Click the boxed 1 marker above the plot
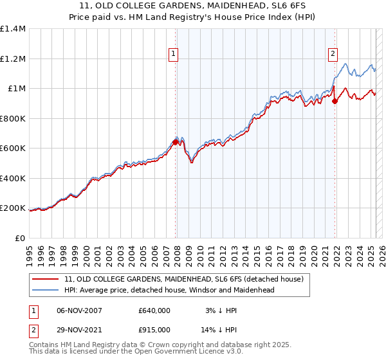pos(174,54)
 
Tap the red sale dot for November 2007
pos(175,142)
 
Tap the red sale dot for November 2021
pos(335,101)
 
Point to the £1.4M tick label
pos(13,29)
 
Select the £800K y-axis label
pos(13,118)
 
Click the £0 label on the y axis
pos(20,238)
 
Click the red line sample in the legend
pos(46,278)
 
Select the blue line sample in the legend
pos(46,290)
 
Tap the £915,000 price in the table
pos(154,329)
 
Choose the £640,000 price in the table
pos(154,310)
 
